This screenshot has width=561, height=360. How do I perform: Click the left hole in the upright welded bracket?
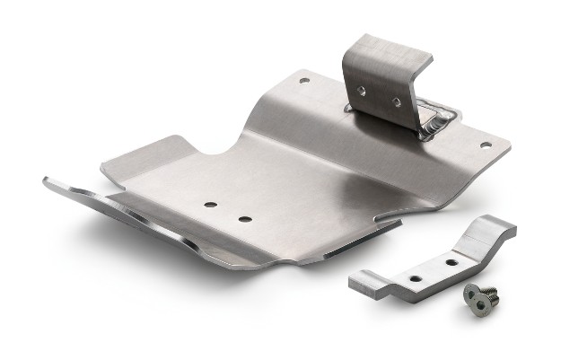tap(361, 90)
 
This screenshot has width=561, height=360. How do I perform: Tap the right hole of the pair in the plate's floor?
tap(242, 217)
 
